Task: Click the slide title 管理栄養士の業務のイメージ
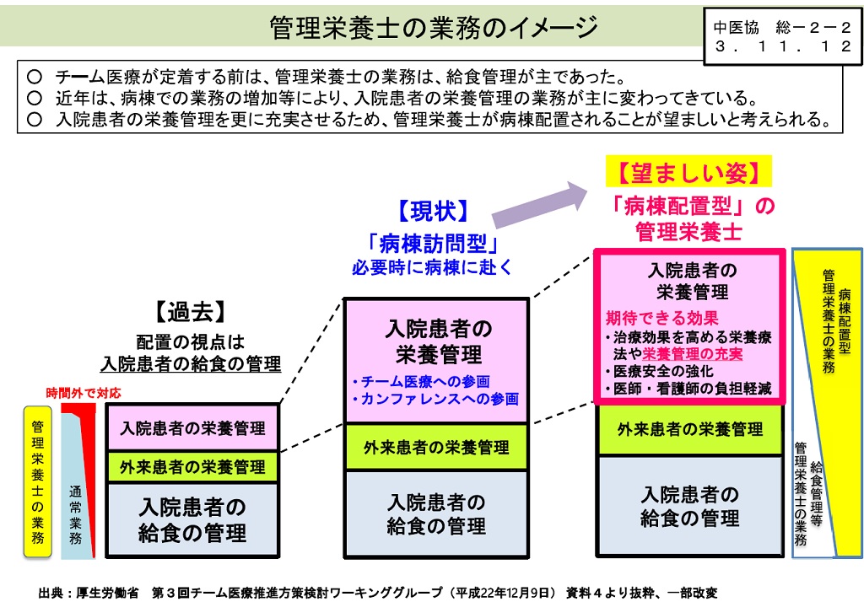coord(434,27)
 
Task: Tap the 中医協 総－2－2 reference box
coord(781,36)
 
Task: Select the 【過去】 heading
coord(191,312)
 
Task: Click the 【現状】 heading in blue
coord(433,211)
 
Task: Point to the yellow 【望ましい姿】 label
coord(688,172)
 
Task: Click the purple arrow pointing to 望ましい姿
coord(540,204)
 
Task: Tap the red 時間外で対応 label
coord(84,393)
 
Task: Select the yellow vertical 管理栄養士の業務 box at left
coord(37,481)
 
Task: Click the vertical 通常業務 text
coord(75,514)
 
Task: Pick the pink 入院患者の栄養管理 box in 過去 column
coord(192,427)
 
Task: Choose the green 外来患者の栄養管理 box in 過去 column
coord(192,467)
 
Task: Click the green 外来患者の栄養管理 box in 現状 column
coord(436,447)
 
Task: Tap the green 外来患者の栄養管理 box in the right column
coord(690,429)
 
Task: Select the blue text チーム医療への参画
coord(421,381)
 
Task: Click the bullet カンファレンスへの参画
coord(435,399)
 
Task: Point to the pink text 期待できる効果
coord(661,318)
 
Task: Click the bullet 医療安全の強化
coord(659,371)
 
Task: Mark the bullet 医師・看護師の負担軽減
coord(688,389)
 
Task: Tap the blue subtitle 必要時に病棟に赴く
coord(433,267)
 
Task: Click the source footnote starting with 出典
coord(378,593)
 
